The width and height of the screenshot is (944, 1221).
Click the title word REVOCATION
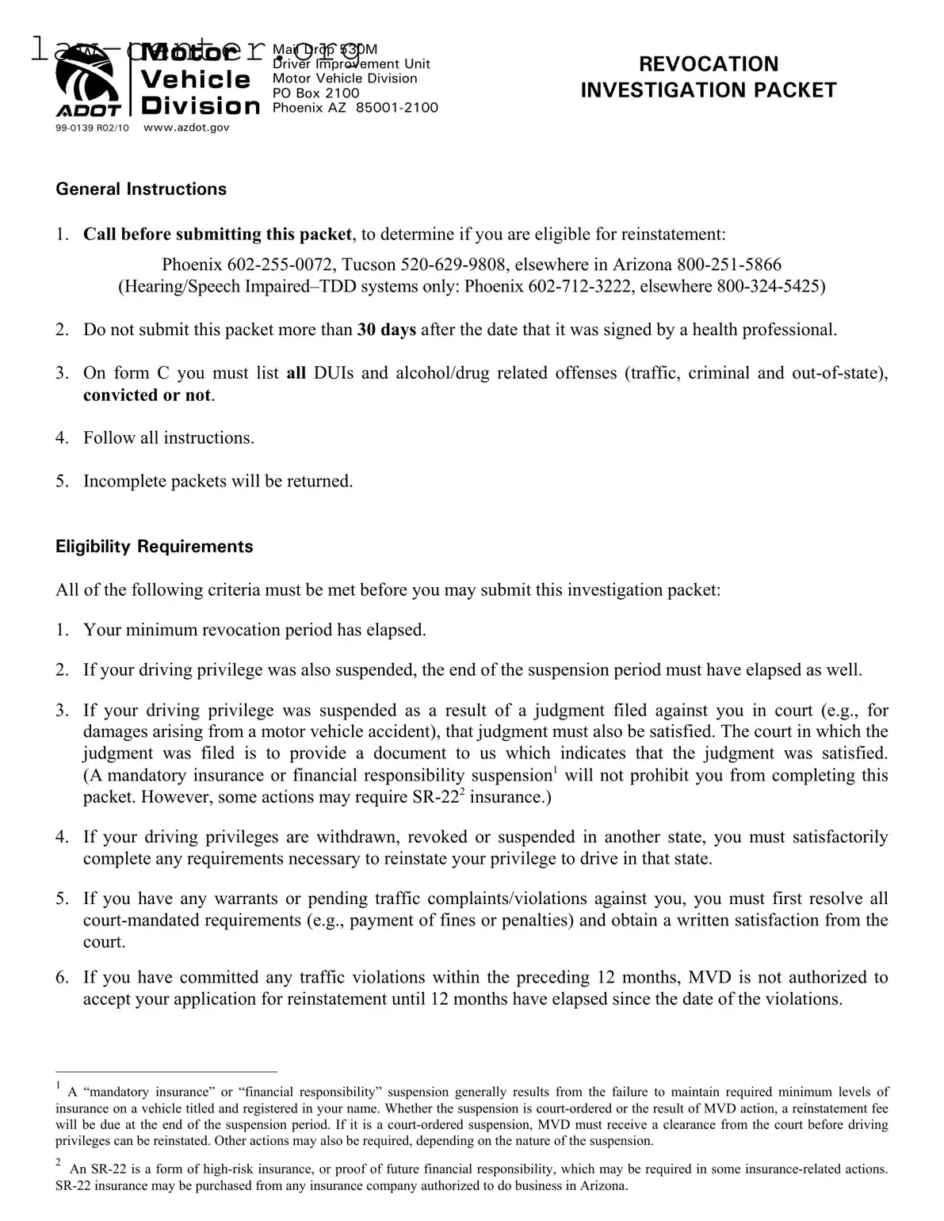[708, 64]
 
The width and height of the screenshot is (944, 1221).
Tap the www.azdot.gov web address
[186, 127]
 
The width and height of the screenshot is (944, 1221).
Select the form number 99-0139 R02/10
[92, 128]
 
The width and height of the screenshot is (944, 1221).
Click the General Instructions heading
[141, 189]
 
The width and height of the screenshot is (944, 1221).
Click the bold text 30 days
[386, 330]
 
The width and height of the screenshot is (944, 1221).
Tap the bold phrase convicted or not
[147, 395]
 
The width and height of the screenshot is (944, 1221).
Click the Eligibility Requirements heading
[155, 547]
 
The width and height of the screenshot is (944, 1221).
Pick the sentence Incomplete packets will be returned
[218, 481]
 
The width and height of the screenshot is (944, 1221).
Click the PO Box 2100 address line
[315, 93]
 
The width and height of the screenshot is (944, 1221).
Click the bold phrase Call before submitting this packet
[217, 235]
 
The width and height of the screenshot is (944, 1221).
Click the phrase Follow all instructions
[169, 438]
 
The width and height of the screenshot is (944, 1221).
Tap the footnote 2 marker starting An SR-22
[59, 1162]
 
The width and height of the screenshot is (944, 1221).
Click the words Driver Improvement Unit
[351, 63]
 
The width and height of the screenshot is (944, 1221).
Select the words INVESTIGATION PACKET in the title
[708, 90]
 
